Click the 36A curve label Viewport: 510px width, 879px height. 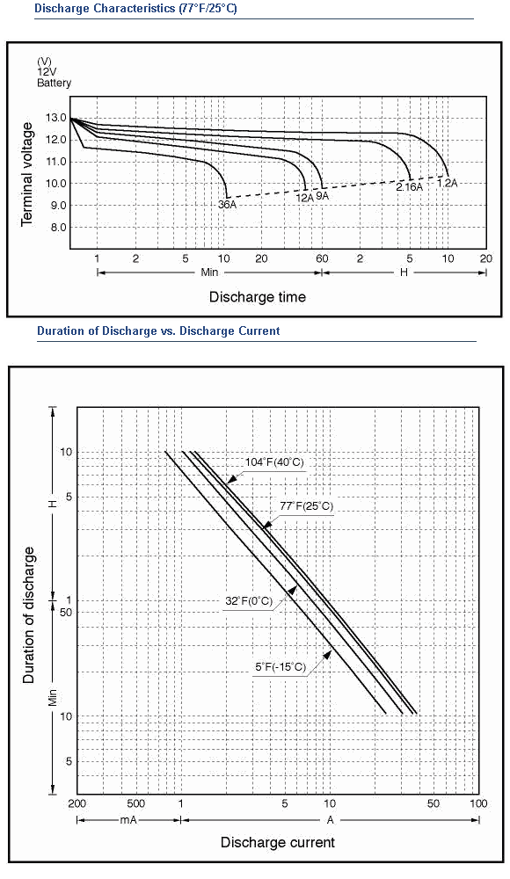pos(227,205)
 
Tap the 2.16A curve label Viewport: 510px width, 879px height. pos(410,187)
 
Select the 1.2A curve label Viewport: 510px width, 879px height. pos(448,183)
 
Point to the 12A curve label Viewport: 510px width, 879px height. pos(304,197)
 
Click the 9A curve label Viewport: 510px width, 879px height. pos(322,196)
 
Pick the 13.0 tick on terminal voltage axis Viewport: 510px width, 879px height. pos(56,119)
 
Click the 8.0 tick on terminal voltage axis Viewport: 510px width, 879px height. pos(56,228)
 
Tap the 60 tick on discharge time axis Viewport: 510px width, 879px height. pos(322,258)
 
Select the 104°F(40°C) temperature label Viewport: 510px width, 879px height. pos(274,462)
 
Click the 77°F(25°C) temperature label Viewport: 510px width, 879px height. pos(306,506)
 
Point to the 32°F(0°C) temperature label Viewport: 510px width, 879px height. pos(249,601)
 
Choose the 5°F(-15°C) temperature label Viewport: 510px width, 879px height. pos(280,667)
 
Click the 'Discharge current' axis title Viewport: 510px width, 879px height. pos(278,843)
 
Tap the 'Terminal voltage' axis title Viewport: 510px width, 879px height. pos(27,175)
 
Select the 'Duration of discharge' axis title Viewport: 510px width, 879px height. pos(29,615)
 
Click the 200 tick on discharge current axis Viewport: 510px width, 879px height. pos(76,804)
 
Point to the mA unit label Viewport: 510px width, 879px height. pos(128,820)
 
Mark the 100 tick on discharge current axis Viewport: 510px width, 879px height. pos(478,804)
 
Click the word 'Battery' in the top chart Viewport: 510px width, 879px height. pos(54,83)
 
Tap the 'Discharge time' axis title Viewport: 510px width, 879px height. pos(258,297)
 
